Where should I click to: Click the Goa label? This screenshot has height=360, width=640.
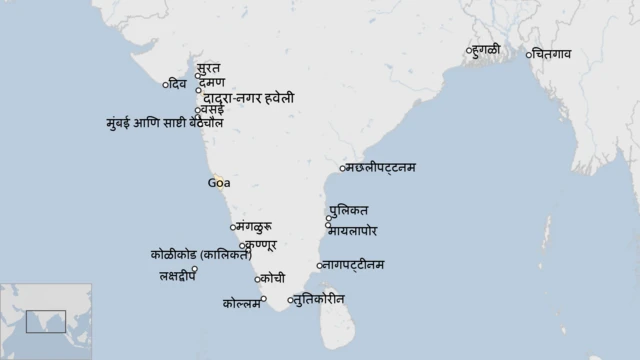[x=219, y=182]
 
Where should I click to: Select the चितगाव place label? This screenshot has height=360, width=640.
[x=553, y=54]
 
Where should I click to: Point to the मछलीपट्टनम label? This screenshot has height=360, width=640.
[x=381, y=167]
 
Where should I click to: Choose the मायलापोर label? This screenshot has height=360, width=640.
[x=359, y=231]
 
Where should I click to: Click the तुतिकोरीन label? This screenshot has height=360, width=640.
[x=320, y=299]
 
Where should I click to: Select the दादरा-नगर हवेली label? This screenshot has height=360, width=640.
[x=249, y=98]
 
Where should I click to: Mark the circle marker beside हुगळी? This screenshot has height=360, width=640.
[x=468, y=50]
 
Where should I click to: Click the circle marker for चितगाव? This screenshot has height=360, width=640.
[x=529, y=54]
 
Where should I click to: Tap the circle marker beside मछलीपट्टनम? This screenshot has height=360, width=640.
[x=343, y=168]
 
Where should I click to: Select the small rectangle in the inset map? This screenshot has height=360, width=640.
[x=46, y=322]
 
